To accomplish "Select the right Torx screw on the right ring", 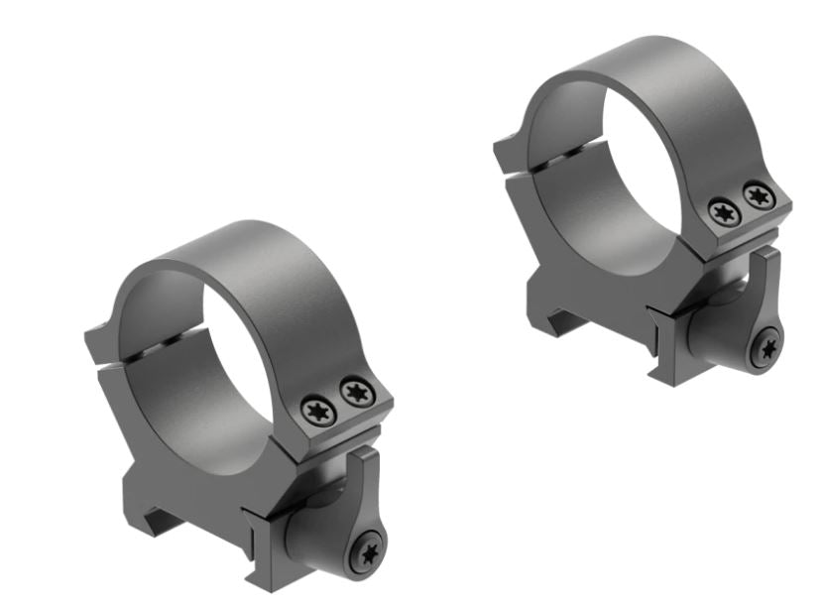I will tap(758, 195).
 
